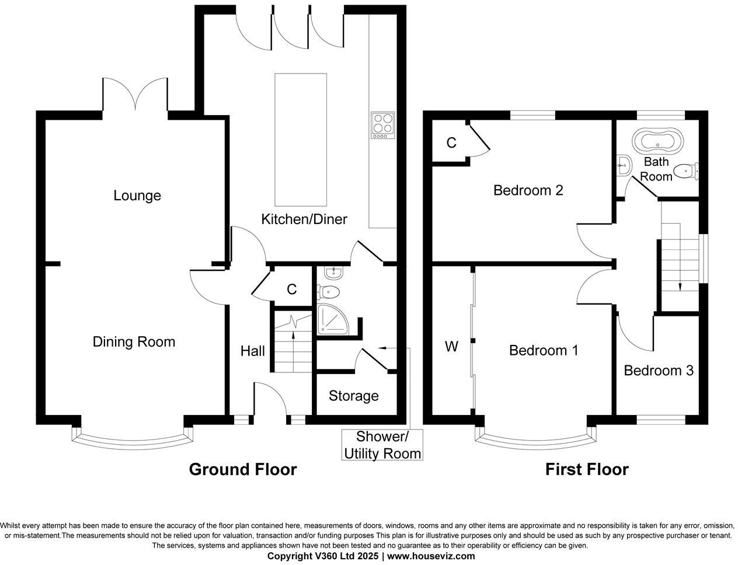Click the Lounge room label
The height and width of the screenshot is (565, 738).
pyautogui.click(x=137, y=196)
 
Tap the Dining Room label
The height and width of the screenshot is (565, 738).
pyautogui.click(x=134, y=341)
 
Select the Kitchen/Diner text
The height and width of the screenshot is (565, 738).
pyautogui.click(x=304, y=219)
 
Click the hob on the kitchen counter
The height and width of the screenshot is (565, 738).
pyautogui.click(x=382, y=125)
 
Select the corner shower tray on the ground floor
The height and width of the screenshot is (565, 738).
pyautogui.click(x=332, y=322)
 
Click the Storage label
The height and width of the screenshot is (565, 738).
pyautogui.click(x=353, y=396)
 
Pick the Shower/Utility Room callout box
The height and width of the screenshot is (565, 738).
pyautogui.click(x=382, y=445)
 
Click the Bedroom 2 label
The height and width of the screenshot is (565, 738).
pyautogui.click(x=528, y=190)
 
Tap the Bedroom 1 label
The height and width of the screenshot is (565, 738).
pyautogui.click(x=543, y=350)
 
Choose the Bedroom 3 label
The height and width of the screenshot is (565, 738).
pyautogui.click(x=659, y=371)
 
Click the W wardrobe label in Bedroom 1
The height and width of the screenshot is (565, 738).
pyautogui.click(x=451, y=347)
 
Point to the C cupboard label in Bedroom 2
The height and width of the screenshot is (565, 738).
pyautogui.click(x=451, y=142)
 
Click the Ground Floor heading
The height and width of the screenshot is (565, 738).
pyautogui.click(x=242, y=469)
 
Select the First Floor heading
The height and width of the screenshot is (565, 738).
pyautogui.click(x=587, y=469)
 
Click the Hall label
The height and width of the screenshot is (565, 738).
pyautogui.click(x=253, y=351)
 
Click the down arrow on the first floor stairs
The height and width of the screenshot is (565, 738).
pyautogui.click(x=680, y=286)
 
